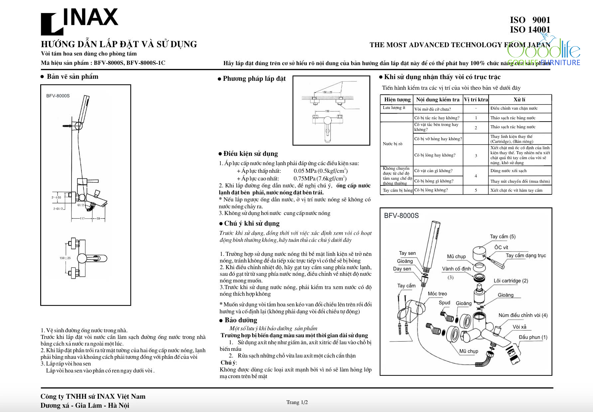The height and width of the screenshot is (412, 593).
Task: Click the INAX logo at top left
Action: pos(79,21)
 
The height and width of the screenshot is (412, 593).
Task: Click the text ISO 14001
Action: pos(530,30)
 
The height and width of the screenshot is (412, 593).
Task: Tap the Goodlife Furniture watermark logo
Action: pos(544,53)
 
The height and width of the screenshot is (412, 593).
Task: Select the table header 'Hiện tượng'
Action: pos(397,99)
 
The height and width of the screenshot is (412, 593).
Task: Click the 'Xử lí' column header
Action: pos(519,99)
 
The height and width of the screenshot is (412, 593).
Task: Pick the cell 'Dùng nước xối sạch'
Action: pos(508,171)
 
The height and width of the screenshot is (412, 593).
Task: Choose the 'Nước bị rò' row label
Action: pos(392,144)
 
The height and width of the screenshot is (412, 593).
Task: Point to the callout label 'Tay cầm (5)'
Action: pos(503,237)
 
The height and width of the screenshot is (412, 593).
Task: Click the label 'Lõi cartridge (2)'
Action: pos(511,281)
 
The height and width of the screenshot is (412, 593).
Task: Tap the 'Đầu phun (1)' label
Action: pos(533,337)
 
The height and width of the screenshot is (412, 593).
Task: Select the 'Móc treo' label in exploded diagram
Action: pos(437,294)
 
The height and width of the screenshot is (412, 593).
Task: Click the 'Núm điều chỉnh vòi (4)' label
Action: pos(523,315)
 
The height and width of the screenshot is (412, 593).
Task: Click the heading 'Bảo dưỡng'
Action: pos(241,320)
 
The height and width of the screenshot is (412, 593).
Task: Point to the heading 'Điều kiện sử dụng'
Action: pos(250,154)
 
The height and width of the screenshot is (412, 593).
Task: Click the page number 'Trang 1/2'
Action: pos(297,402)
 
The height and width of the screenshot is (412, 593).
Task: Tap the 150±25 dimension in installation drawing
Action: pos(327,92)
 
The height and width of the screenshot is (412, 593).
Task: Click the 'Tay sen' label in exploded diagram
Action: pos(407,253)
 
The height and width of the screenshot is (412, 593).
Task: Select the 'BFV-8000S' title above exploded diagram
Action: pos(401,215)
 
